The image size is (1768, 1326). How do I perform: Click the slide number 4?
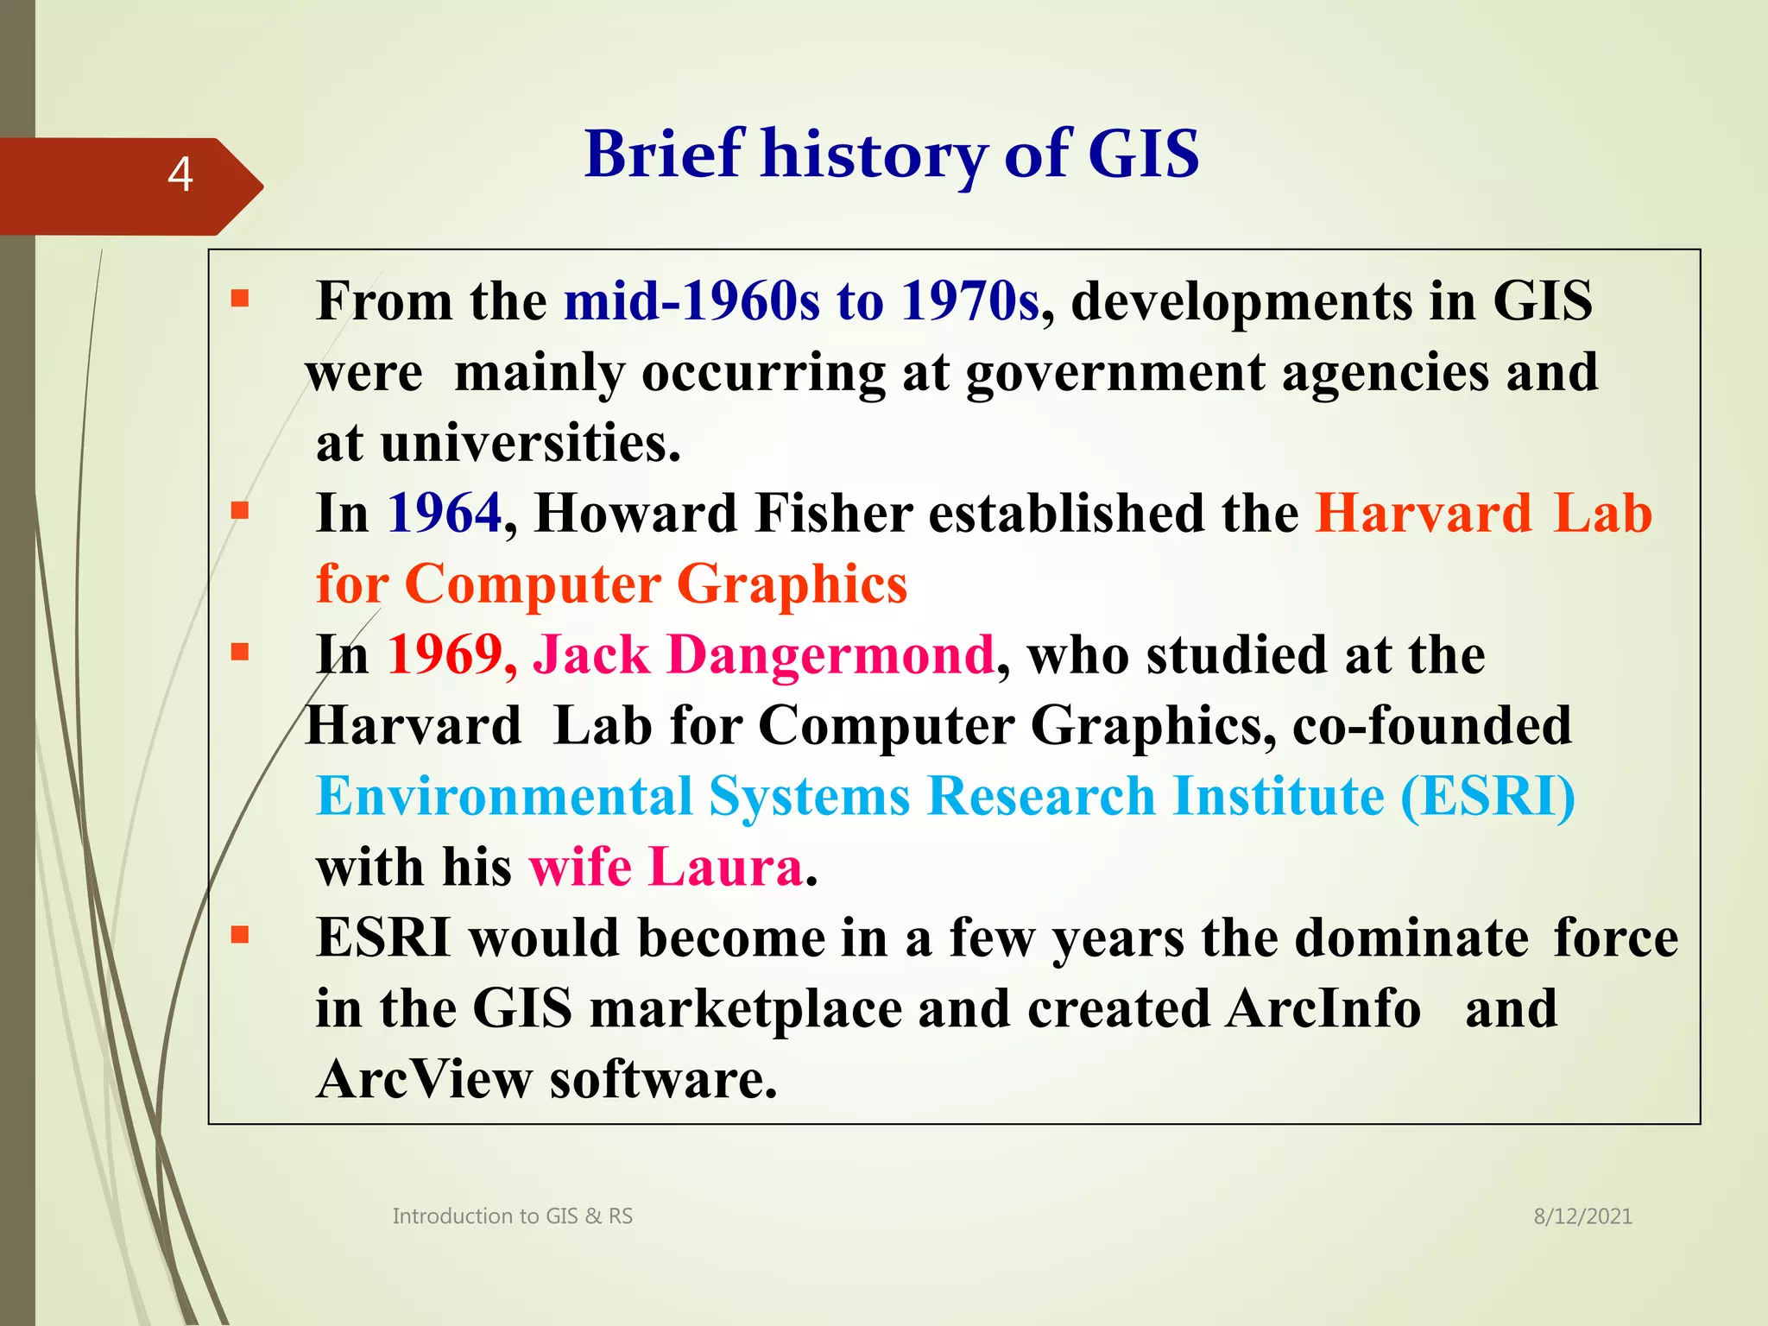tap(180, 174)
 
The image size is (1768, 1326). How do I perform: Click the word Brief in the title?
tap(664, 155)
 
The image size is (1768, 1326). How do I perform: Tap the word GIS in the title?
tap(1143, 155)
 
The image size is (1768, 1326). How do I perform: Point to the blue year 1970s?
tap(969, 301)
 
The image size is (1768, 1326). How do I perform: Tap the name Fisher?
tap(833, 514)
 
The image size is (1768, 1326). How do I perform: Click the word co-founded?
tap(1431, 726)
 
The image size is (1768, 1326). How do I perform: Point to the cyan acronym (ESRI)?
tap(1487, 797)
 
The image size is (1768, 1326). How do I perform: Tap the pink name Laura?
tap(725, 868)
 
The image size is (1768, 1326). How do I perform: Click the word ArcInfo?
tap(1323, 1009)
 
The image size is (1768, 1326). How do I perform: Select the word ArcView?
tap(424, 1080)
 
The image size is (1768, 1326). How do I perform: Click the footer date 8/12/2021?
tap(1582, 1216)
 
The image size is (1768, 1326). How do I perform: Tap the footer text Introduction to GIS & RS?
tap(512, 1216)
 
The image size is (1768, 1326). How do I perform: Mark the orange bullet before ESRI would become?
tap(240, 935)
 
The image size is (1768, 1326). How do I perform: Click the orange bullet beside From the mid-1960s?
tap(240, 300)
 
